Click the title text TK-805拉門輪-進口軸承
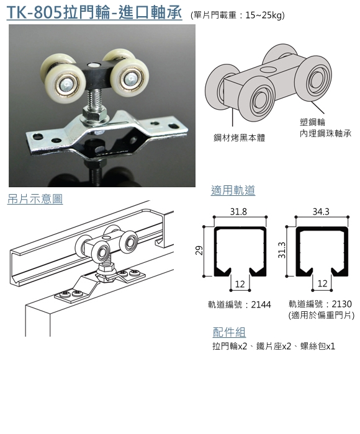tap(94, 13)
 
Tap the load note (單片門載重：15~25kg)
tap(238, 15)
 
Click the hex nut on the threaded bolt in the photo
tap(94, 113)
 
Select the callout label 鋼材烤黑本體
tap(239, 138)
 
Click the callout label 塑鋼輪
tap(312, 122)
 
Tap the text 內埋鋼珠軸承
tap(325, 134)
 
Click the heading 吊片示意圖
tap(35, 199)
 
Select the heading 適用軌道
tap(233, 190)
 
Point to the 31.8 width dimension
tap(238, 212)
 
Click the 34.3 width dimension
tap(321, 212)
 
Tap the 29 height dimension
tap(199, 250)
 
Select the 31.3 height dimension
tap(282, 250)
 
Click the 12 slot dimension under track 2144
tap(240, 284)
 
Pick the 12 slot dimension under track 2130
tap(322, 284)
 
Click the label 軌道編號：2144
tap(240, 305)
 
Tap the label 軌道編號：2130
tap(320, 304)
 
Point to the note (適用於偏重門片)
tap(321, 315)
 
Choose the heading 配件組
tap(229, 332)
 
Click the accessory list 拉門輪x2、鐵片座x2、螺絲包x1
tap(274, 346)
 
